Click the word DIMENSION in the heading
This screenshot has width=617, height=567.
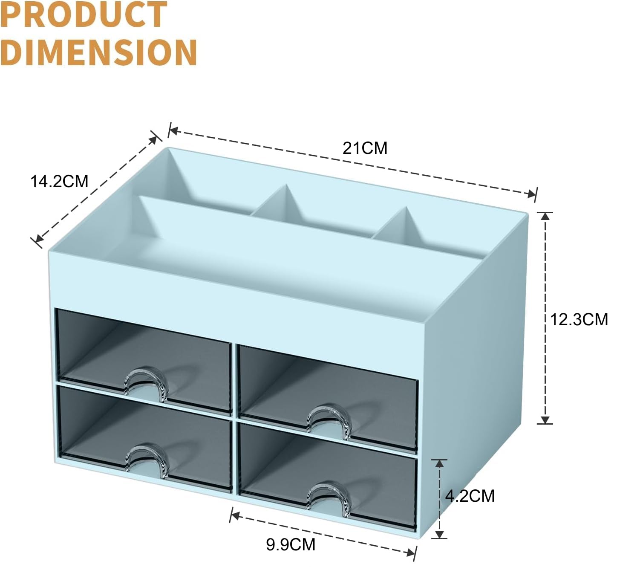pos(98,52)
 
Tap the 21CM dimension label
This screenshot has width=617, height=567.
pos(365,148)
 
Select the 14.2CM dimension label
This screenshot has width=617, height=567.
pos(59,181)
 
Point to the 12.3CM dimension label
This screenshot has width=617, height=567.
pos(579,319)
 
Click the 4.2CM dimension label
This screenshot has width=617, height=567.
pos(470,496)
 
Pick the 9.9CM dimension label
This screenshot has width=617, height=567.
pos(291,544)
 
